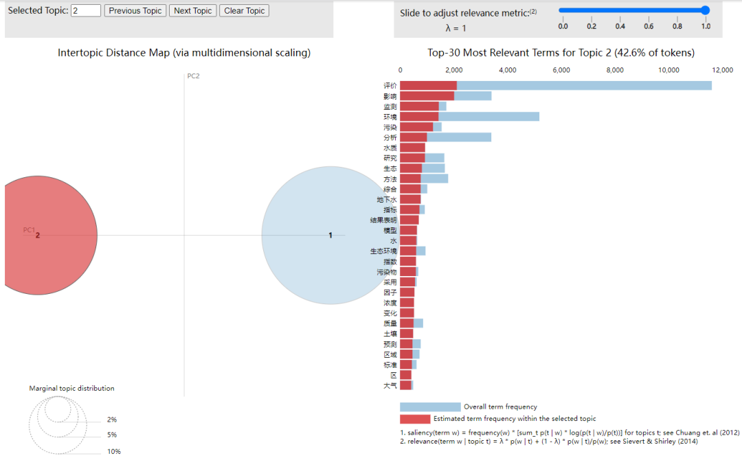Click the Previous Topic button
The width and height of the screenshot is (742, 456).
(x=135, y=10)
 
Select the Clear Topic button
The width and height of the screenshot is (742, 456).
(x=244, y=10)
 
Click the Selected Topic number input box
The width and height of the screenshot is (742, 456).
(x=86, y=10)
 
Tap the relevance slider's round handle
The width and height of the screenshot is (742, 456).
(x=705, y=10)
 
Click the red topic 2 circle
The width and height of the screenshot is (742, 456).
(x=41, y=235)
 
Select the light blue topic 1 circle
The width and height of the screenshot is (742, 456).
(x=322, y=235)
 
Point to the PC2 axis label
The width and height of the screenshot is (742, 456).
(x=193, y=76)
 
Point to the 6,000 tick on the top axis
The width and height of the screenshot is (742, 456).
(x=561, y=70)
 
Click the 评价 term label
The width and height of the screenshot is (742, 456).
(x=390, y=86)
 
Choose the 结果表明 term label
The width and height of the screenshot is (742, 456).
(x=384, y=220)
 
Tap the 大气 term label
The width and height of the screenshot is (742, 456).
(x=390, y=385)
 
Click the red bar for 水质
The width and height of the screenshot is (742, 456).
(x=412, y=148)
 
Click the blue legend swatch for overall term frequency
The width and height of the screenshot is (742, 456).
(x=430, y=407)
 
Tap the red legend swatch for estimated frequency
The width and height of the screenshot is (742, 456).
(x=415, y=418)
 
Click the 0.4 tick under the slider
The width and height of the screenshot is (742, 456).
(x=620, y=26)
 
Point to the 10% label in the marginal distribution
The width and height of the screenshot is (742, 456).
(x=113, y=451)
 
